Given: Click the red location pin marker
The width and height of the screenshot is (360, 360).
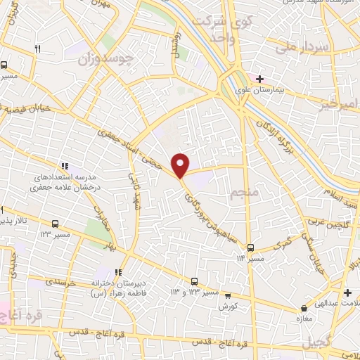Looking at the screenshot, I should point(181,165).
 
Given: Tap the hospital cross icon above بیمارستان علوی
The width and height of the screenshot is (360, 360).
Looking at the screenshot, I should point(260,78).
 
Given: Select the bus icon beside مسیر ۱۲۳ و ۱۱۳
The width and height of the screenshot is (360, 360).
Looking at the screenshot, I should point(195,282).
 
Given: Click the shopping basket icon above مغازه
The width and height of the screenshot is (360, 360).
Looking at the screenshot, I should point(304,309).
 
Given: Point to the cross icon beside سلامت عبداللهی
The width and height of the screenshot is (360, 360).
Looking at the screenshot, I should point(347,292).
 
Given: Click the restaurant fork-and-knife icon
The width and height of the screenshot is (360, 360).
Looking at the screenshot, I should point(38,49).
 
